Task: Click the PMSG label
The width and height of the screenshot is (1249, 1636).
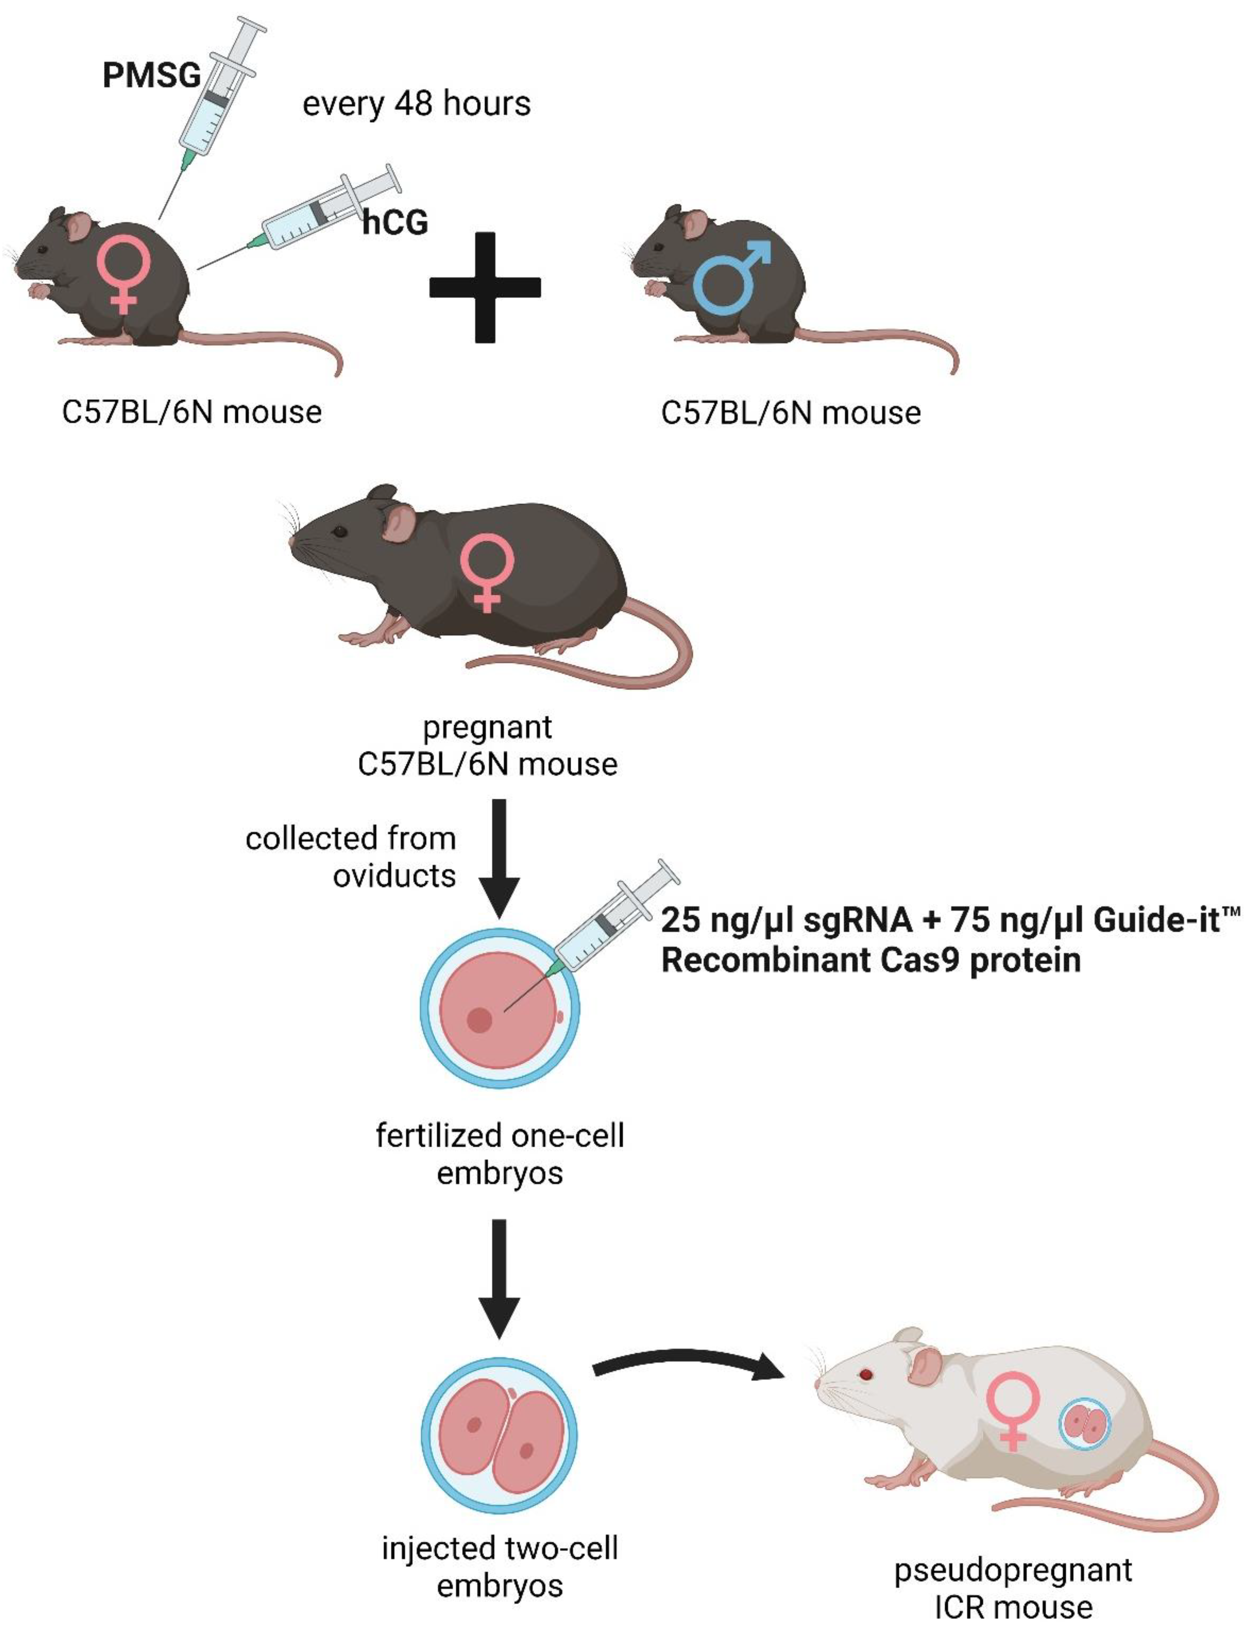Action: point(152,75)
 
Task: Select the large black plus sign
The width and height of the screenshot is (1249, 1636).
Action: point(485,288)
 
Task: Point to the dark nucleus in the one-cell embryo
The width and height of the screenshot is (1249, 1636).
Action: point(479,1019)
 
